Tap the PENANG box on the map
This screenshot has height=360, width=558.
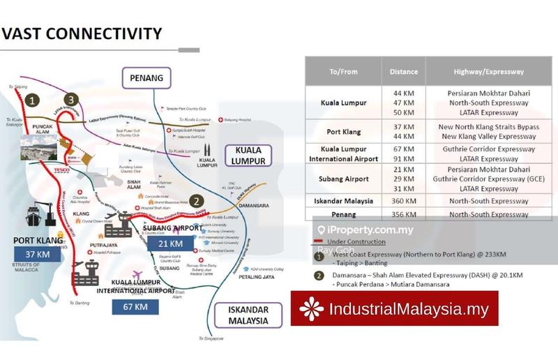click(x=146, y=78)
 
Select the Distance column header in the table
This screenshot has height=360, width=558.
click(x=404, y=72)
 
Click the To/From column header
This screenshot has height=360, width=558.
click(x=343, y=72)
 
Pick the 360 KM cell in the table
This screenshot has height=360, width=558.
click(x=404, y=199)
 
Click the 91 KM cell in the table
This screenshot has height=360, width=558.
click(x=404, y=159)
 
